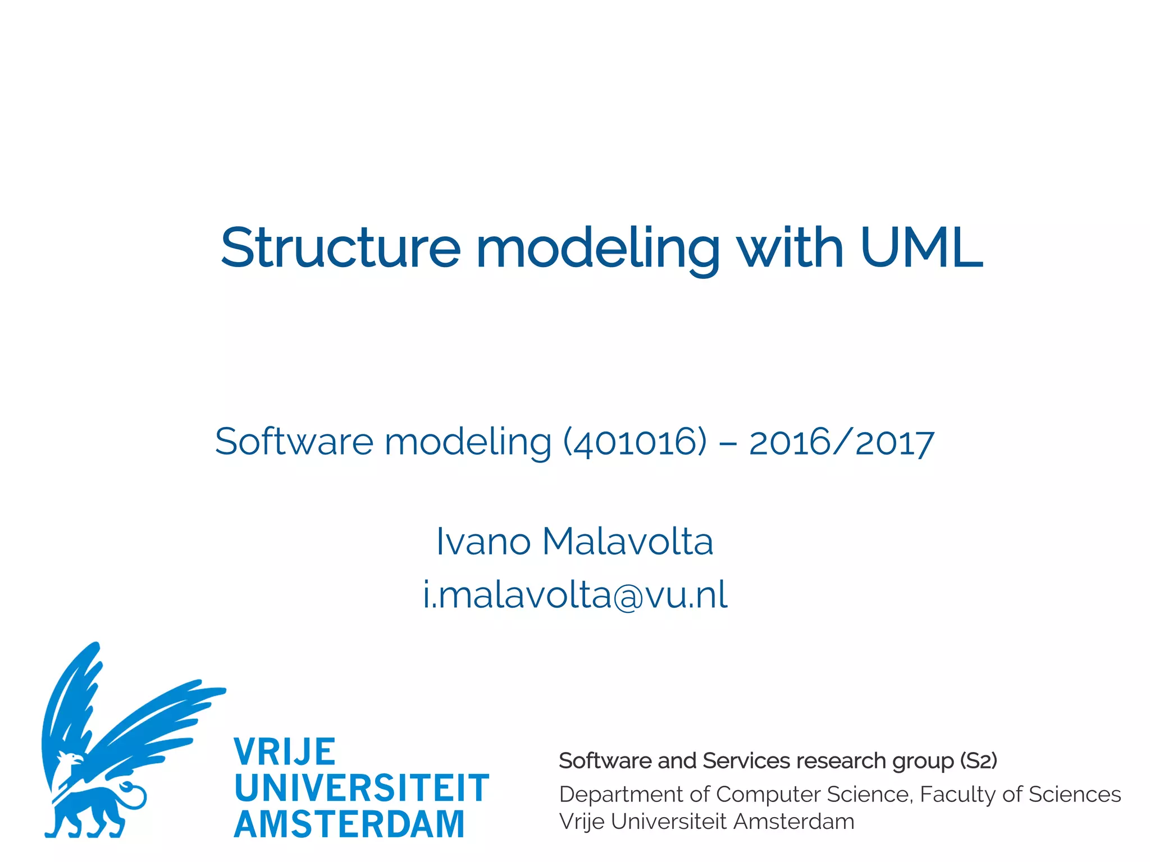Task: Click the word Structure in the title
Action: (341, 247)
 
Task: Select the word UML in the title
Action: (921, 247)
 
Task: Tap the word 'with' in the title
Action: (790, 247)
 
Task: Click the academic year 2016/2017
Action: (841, 442)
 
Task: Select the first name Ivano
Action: (483, 542)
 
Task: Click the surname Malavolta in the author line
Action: (627, 542)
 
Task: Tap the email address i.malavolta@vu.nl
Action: (575, 595)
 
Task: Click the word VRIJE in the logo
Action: (285, 752)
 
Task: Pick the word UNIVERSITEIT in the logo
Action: (362, 788)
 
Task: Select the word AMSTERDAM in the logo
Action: (349, 824)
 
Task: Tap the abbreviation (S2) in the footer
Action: (978, 761)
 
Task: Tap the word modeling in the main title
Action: (597, 247)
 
